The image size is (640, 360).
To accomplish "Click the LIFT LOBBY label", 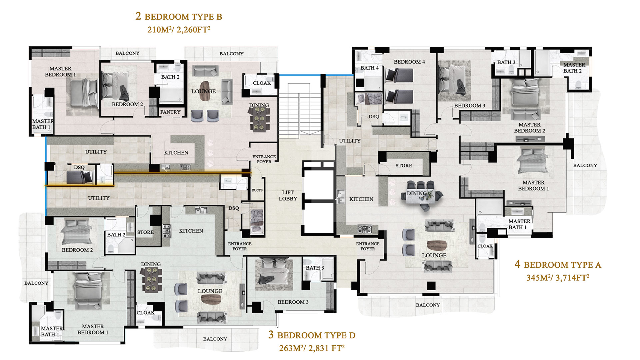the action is click(x=288, y=195).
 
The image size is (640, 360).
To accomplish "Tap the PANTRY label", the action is click(x=170, y=112).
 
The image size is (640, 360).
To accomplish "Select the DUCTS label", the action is click(x=257, y=190).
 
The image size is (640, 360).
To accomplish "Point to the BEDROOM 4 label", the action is click(x=409, y=62).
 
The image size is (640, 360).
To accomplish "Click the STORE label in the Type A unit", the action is click(x=404, y=166).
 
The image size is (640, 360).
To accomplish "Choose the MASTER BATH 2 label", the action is click(x=574, y=68).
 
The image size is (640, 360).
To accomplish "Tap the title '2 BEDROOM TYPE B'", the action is click(x=179, y=16).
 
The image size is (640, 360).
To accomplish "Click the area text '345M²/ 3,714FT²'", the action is click(x=558, y=278).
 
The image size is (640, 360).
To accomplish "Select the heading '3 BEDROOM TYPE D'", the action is click(x=312, y=335).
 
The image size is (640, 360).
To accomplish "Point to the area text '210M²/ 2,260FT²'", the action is click(x=179, y=30).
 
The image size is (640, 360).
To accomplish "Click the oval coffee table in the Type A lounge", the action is click(x=437, y=246).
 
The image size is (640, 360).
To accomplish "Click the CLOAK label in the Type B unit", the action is click(x=262, y=83).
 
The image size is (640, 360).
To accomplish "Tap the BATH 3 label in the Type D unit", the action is click(x=315, y=268).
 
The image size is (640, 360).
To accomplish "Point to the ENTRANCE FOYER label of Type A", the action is click(x=368, y=246).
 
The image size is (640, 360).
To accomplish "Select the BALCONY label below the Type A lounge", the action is click(x=428, y=305).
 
